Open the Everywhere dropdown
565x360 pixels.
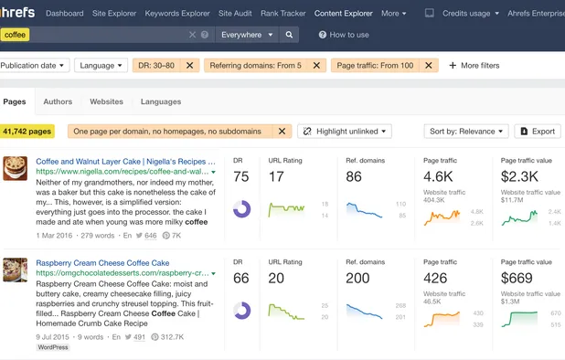[x=245, y=35]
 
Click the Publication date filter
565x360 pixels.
[x=33, y=66]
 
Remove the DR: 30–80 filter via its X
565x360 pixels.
[x=189, y=66]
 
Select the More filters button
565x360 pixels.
[x=474, y=66]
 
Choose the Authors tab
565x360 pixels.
[x=58, y=101]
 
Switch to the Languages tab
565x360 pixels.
[x=161, y=101]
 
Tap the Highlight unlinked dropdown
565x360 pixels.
[x=345, y=132]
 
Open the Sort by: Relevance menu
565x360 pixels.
[x=465, y=132]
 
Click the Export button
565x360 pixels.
[x=538, y=132]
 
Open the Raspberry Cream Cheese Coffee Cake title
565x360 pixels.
[x=102, y=263]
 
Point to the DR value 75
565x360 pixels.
[x=241, y=176]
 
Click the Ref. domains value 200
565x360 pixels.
[x=358, y=279]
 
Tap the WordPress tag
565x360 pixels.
[x=53, y=347]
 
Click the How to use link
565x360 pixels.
[x=344, y=35]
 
